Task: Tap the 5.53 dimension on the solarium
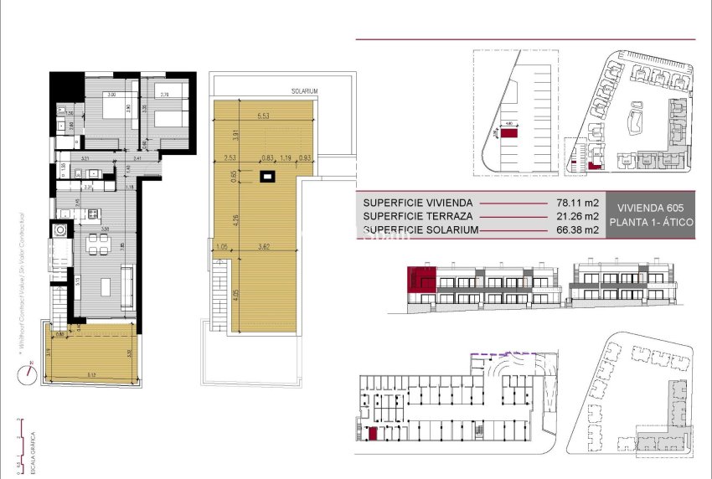(x=263, y=115)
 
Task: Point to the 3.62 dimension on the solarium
(x=264, y=247)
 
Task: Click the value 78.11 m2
(x=577, y=203)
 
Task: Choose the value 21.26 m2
(x=577, y=216)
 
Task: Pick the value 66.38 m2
(x=577, y=229)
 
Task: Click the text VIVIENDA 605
(x=649, y=208)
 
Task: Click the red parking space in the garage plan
(x=372, y=433)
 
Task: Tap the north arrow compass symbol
(x=28, y=370)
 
